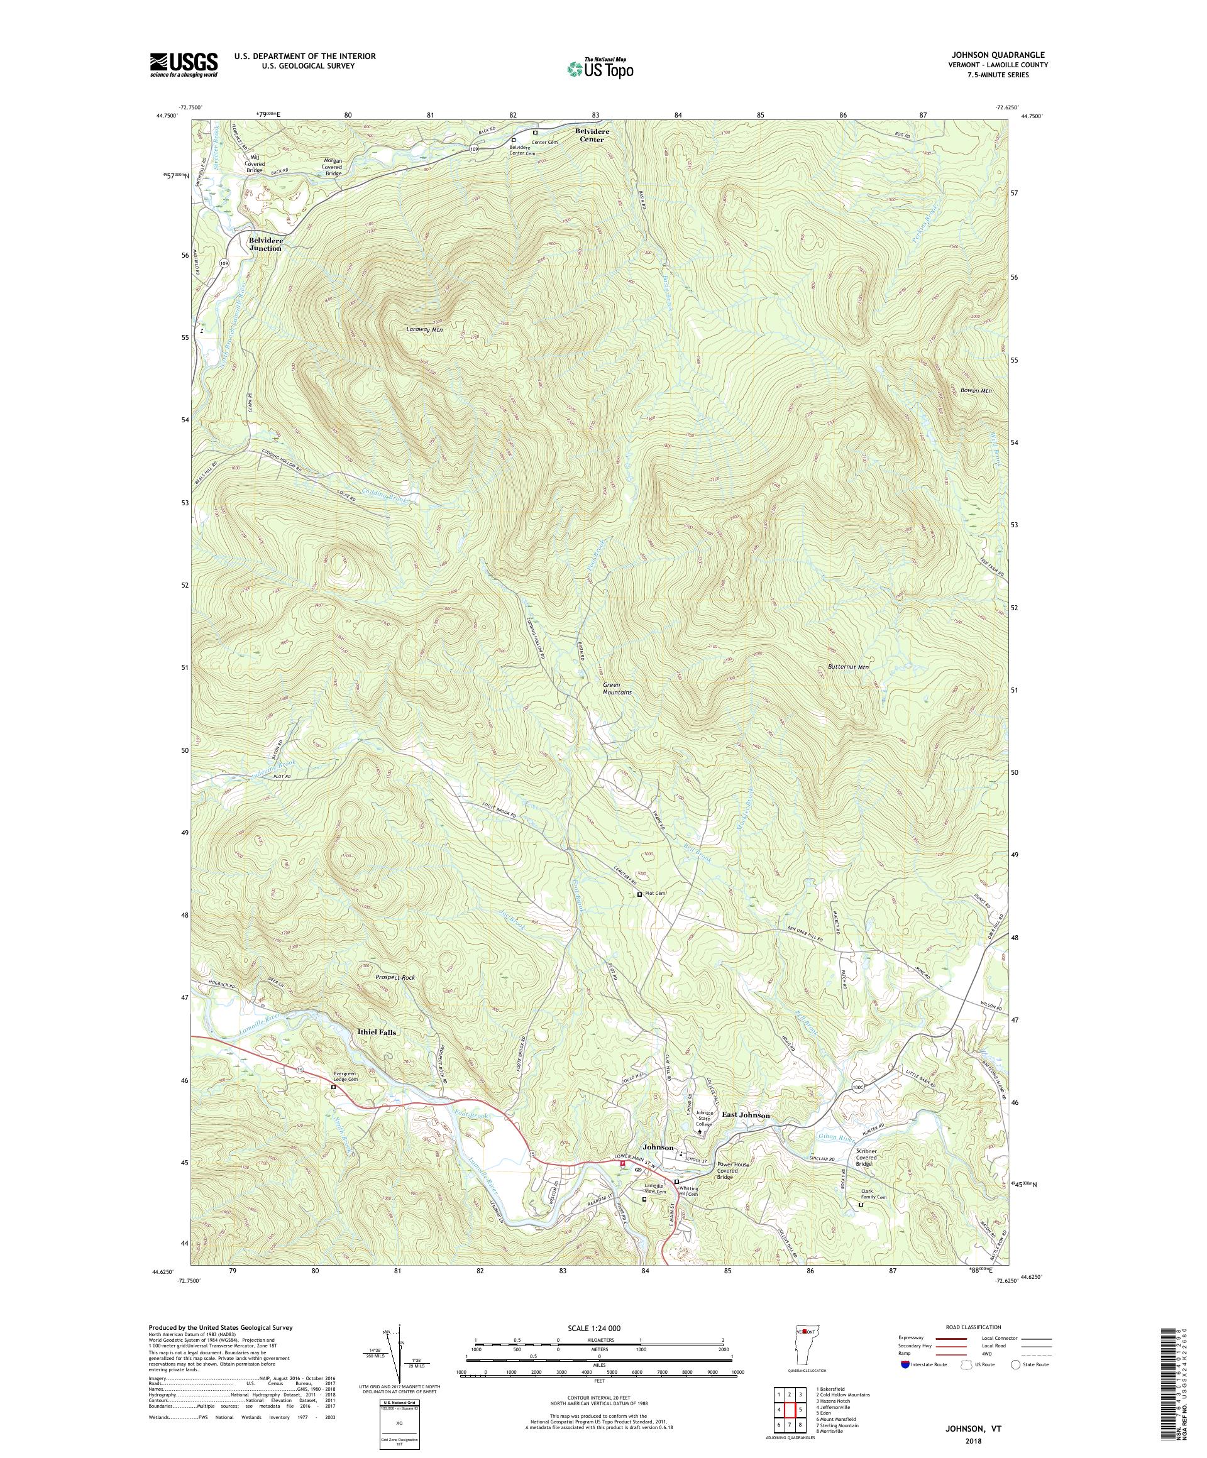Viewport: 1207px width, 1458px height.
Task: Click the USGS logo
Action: pos(184,65)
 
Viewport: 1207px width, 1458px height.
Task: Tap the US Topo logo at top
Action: pos(601,68)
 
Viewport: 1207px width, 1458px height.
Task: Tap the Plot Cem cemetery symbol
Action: pos(639,895)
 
